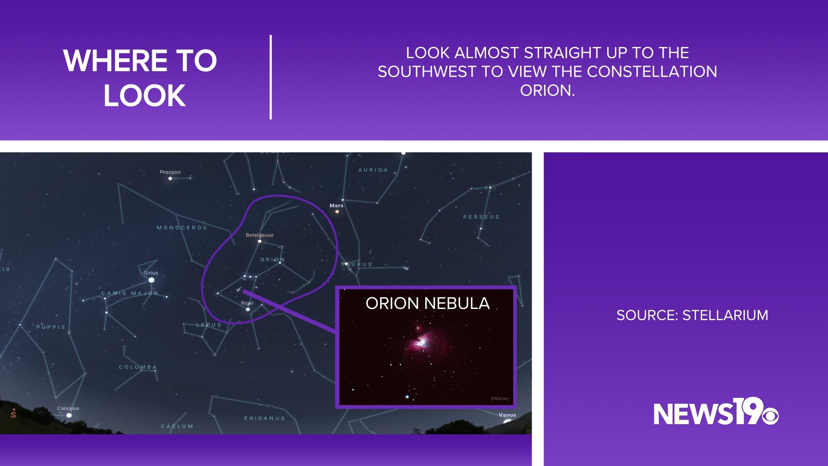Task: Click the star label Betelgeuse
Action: (x=260, y=235)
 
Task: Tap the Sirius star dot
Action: (x=151, y=280)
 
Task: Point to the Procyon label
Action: (x=170, y=172)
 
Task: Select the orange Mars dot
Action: (x=337, y=211)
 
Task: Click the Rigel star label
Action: (x=247, y=303)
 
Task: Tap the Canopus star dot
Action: (x=69, y=416)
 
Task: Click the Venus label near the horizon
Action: (x=507, y=415)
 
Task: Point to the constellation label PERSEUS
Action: (x=481, y=217)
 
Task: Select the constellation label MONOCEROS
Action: (x=182, y=228)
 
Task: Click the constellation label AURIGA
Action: (x=373, y=170)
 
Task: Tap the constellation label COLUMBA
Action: (x=138, y=367)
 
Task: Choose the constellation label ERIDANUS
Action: (x=265, y=418)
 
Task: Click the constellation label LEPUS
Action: (x=209, y=325)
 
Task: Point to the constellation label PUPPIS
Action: (x=51, y=327)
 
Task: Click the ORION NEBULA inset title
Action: (x=427, y=303)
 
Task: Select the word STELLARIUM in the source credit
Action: (x=725, y=315)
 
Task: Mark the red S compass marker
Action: (x=13, y=414)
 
